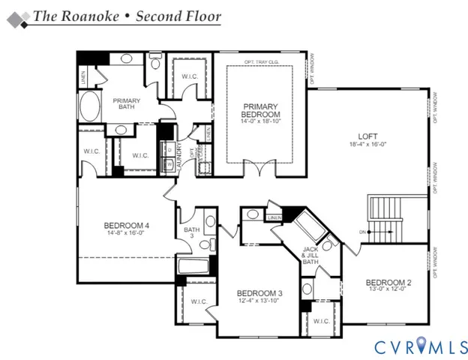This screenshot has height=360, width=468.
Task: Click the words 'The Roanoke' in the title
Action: coord(67,15)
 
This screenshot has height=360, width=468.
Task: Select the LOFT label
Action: coord(366,136)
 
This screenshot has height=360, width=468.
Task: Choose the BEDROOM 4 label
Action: coord(126,226)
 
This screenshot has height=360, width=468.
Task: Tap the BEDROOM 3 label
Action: coord(259,293)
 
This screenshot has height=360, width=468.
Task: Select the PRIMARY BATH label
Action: coord(127,104)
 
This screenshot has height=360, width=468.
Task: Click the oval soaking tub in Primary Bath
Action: coord(89,107)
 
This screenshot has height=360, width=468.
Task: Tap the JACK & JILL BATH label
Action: coord(311,255)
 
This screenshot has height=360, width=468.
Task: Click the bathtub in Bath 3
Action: coord(193,265)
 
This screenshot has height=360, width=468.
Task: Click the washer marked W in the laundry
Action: coord(169,163)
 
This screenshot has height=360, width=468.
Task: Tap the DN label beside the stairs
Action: coord(361,232)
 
